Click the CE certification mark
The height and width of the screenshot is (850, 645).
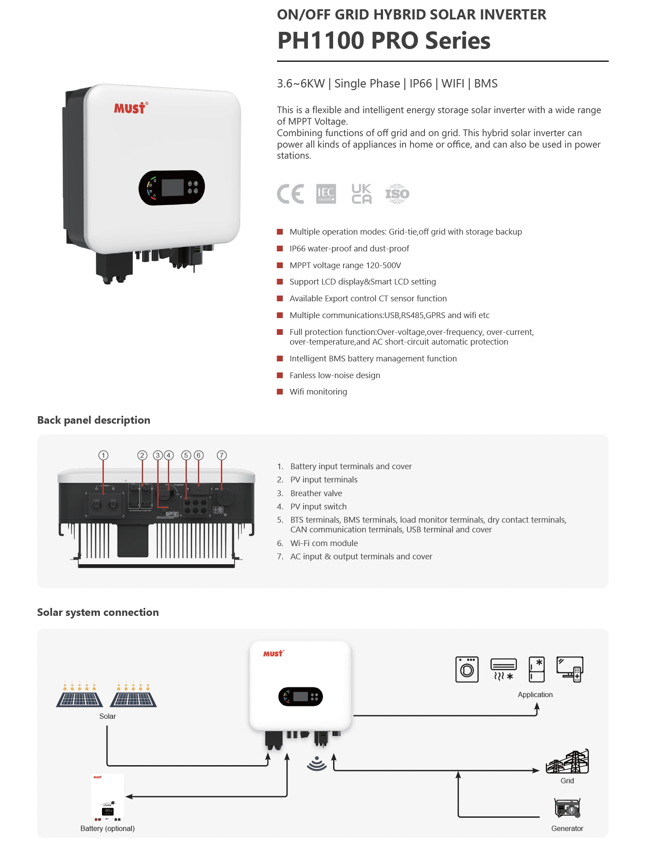click(290, 194)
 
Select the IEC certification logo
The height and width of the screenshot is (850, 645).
click(326, 194)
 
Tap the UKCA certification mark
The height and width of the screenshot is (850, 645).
click(361, 194)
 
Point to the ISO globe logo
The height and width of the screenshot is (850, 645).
click(397, 194)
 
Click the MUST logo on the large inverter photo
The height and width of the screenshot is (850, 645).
click(131, 108)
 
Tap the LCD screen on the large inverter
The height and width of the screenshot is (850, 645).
click(172, 188)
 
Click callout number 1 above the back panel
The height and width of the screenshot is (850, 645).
click(103, 455)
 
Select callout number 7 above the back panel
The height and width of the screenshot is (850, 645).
click(222, 455)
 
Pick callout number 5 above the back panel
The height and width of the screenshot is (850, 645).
click(186, 455)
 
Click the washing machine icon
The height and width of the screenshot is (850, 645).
click(467, 669)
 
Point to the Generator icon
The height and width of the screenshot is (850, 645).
click(567, 808)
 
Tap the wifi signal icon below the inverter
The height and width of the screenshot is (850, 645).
click(317, 763)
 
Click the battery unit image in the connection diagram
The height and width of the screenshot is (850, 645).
click(107, 797)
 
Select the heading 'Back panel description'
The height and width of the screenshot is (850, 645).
click(94, 420)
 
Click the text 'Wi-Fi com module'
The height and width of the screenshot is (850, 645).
click(324, 543)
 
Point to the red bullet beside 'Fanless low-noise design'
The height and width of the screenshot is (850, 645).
click(280, 375)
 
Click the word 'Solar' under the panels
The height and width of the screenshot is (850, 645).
click(107, 716)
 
